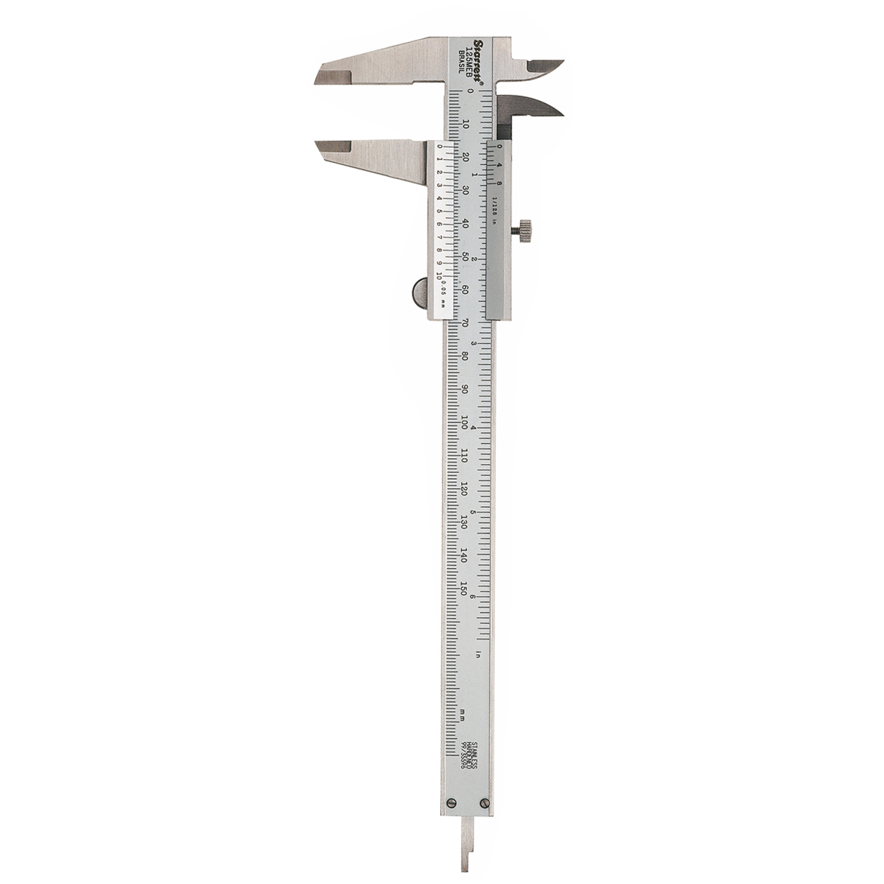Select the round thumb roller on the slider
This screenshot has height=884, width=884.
click(420, 291)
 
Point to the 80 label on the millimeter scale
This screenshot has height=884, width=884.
click(465, 357)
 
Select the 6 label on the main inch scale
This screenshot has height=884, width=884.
click(480, 597)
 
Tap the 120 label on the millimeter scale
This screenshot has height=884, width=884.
click(465, 490)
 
